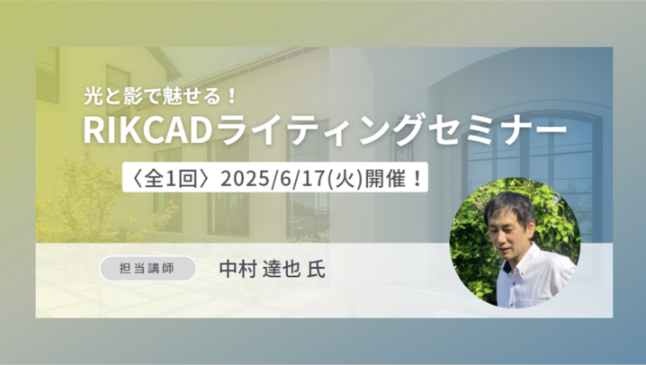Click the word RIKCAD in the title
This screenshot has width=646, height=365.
[148, 129]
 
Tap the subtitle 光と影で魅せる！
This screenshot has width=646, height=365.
[161, 97]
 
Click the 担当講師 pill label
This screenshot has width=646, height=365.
[148, 268]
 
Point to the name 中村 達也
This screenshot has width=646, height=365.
[259, 269]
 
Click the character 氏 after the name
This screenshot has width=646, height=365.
[316, 269]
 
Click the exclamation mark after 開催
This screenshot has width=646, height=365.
[417, 179]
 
